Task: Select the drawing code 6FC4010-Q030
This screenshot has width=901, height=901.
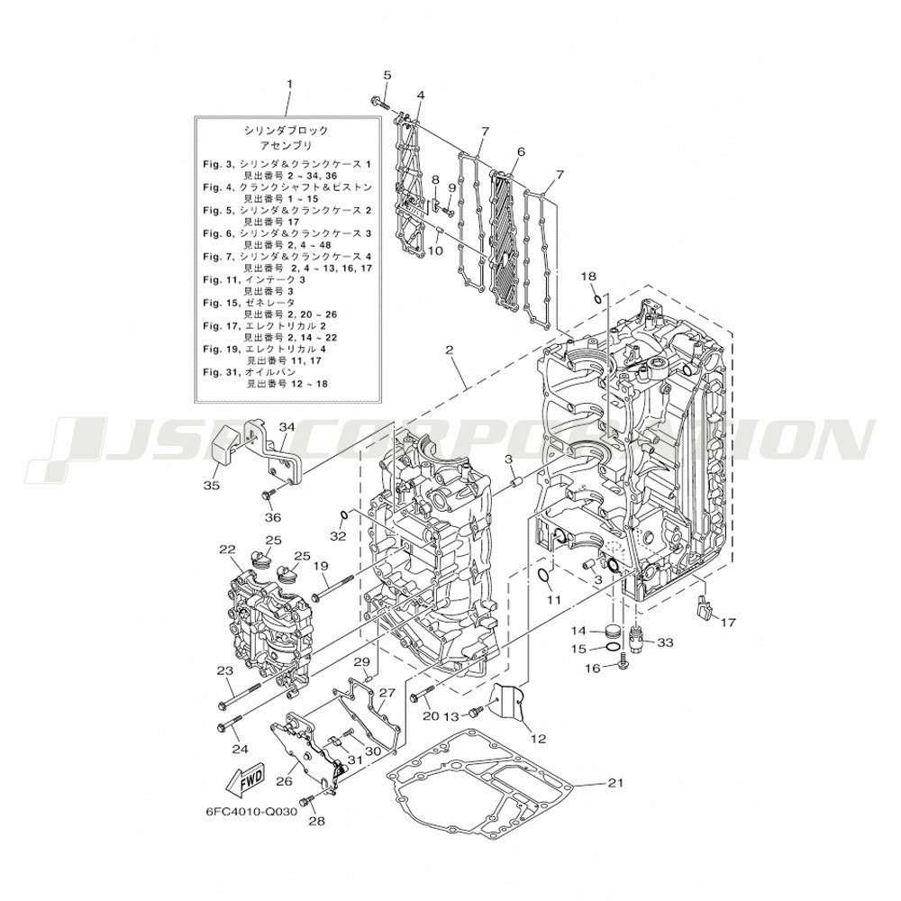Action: point(251,812)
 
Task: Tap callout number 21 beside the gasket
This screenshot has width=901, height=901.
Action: point(615,782)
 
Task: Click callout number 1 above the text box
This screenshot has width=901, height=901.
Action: point(289,84)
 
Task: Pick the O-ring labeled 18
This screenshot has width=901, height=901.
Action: point(598,298)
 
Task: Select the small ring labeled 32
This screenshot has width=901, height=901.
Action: point(343,514)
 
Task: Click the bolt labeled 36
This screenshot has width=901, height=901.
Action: point(269,493)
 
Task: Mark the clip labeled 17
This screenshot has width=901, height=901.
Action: point(703,610)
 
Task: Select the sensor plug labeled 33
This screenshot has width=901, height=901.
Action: point(637,633)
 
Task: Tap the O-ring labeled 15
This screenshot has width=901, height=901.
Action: point(614,648)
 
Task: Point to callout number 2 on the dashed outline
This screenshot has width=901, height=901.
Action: point(450,349)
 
